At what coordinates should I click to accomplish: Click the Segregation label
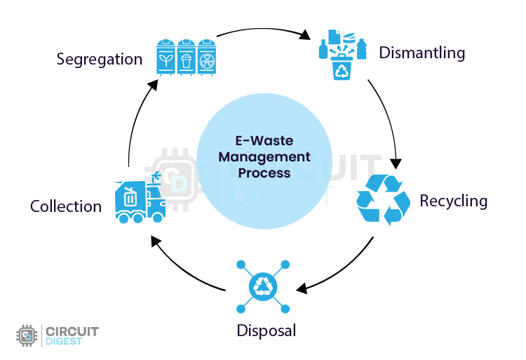tap(100, 59)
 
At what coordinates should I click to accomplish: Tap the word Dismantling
tap(422, 53)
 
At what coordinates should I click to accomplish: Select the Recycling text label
tap(453, 201)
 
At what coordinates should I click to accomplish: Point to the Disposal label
tap(266, 330)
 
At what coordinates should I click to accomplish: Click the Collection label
tap(66, 206)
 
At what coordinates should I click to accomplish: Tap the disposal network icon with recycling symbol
tap(264, 286)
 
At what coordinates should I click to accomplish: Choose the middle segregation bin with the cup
tap(187, 55)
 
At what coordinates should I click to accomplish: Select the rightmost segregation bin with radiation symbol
tap(205, 55)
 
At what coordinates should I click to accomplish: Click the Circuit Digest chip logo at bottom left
tap(27, 336)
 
